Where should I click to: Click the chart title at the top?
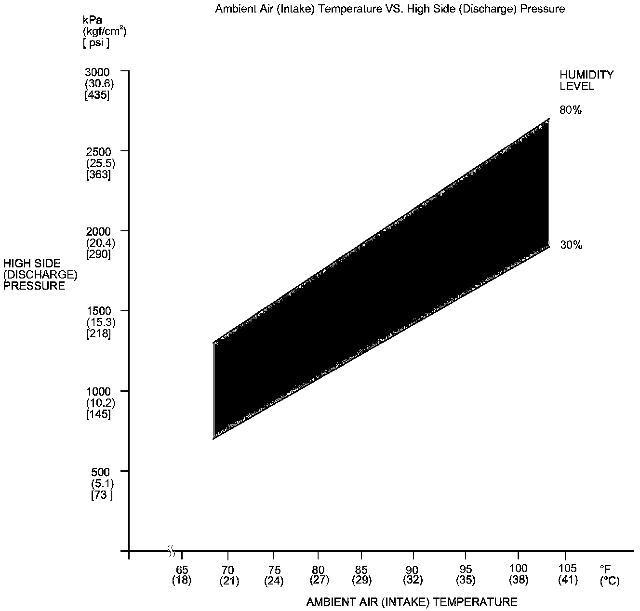pyautogui.click(x=389, y=9)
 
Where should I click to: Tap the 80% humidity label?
pyautogui.click(x=571, y=110)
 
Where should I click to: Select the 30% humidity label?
pyautogui.click(x=571, y=245)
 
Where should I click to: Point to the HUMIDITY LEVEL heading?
pyautogui.click(x=586, y=80)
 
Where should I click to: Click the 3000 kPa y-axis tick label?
pyautogui.click(x=97, y=72)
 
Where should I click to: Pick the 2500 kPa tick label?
pyautogui.click(x=97, y=152)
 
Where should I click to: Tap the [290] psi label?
pyautogui.click(x=98, y=254)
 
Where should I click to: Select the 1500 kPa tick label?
pyautogui.click(x=97, y=311)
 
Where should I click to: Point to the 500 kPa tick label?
pyautogui.click(x=101, y=471)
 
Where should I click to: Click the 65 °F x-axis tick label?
pyautogui.click(x=182, y=569)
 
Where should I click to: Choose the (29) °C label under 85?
pyautogui.click(x=361, y=580)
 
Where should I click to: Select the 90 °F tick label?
pyautogui.click(x=413, y=569)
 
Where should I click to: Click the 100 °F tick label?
pyautogui.click(x=519, y=569)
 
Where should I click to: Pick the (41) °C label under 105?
pyautogui.click(x=568, y=580)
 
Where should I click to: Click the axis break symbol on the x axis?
pyautogui.click(x=171, y=550)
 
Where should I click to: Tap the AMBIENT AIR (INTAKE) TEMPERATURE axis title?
pyautogui.click(x=412, y=602)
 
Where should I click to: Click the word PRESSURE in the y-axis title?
pyautogui.click(x=34, y=286)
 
